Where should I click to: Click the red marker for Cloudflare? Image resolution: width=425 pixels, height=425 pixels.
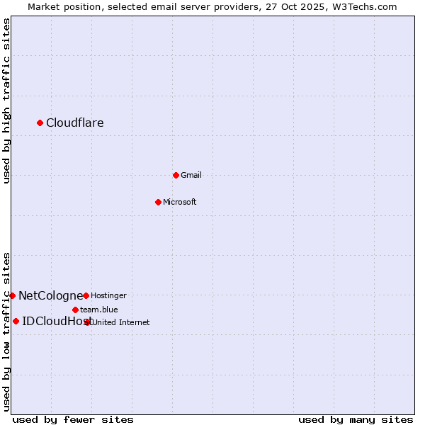tap(40, 123)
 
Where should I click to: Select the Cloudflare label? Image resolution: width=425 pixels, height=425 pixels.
tap(75, 123)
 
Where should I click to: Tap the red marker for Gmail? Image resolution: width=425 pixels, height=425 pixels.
tap(176, 175)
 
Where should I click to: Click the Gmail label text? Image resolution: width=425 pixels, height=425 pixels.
tap(191, 175)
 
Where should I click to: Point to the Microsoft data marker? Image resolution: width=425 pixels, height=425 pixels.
tap(158, 202)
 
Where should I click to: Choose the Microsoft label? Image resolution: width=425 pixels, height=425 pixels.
tap(180, 202)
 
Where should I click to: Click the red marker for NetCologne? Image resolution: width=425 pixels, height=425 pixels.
tap(13, 295)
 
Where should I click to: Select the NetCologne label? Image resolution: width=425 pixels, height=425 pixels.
tap(50, 295)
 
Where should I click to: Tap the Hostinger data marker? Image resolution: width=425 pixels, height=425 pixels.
tap(86, 295)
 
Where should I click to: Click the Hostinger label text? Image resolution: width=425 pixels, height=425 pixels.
tap(108, 295)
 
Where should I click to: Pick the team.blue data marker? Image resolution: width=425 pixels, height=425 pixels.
tap(75, 310)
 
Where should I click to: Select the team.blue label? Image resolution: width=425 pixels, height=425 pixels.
tap(99, 310)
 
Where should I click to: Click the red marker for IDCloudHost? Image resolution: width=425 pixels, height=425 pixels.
tap(16, 321)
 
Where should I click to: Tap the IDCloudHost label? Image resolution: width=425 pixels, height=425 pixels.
tap(53, 322)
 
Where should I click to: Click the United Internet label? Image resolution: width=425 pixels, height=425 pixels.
tap(121, 322)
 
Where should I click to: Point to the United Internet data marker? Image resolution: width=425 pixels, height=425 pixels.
tap(88, 322)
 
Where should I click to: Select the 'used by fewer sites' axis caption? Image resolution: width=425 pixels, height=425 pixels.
tap(73, 419)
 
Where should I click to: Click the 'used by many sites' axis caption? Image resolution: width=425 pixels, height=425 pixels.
tap(356, 419)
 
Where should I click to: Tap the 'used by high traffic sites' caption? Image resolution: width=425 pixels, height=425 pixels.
tap(6, 101)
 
